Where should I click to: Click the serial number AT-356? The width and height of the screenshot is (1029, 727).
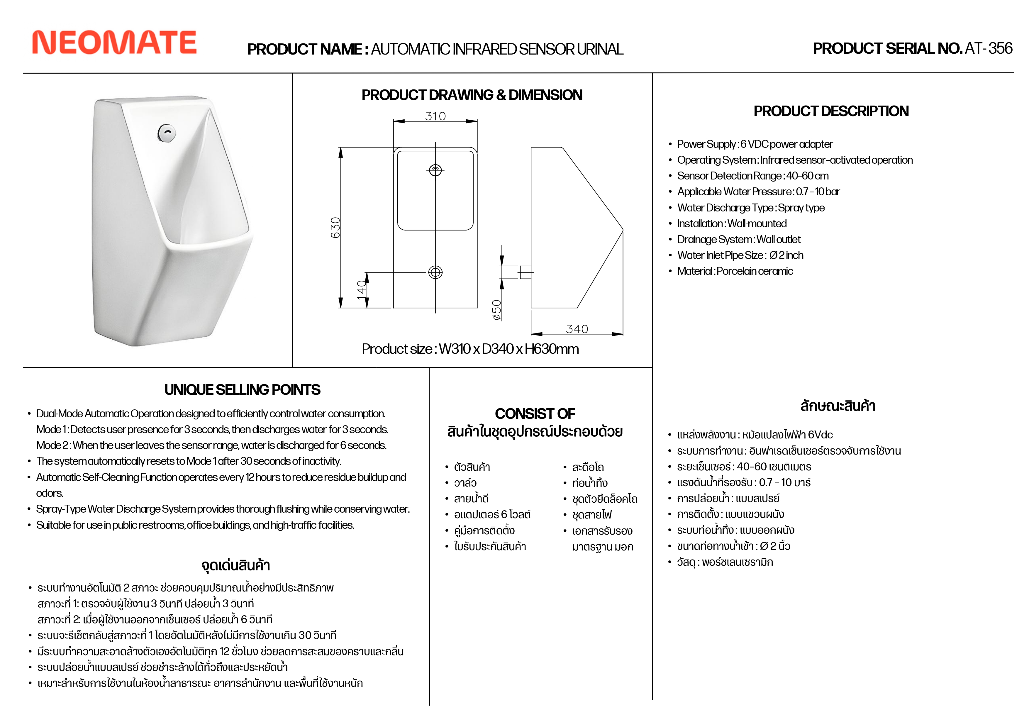[988, 48]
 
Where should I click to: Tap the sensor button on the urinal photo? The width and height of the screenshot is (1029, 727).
[167, 133]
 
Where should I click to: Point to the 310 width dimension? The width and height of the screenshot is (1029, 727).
[435, 116]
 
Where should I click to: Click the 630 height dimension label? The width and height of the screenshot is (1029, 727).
[335, 228]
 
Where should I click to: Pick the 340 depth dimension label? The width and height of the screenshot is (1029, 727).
[577, 329]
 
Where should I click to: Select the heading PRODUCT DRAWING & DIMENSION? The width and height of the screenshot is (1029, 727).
[472, 95]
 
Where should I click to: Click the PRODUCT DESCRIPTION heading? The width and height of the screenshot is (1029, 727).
[831, 111]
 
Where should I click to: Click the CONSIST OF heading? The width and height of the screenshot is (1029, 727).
[535, 413]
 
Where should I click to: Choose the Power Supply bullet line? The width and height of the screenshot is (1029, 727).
[755, 144]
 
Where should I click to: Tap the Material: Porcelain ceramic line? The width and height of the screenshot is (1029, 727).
[735, 271]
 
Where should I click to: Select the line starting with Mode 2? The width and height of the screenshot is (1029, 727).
[211, 445]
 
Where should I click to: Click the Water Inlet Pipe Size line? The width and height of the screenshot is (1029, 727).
[740, 255]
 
